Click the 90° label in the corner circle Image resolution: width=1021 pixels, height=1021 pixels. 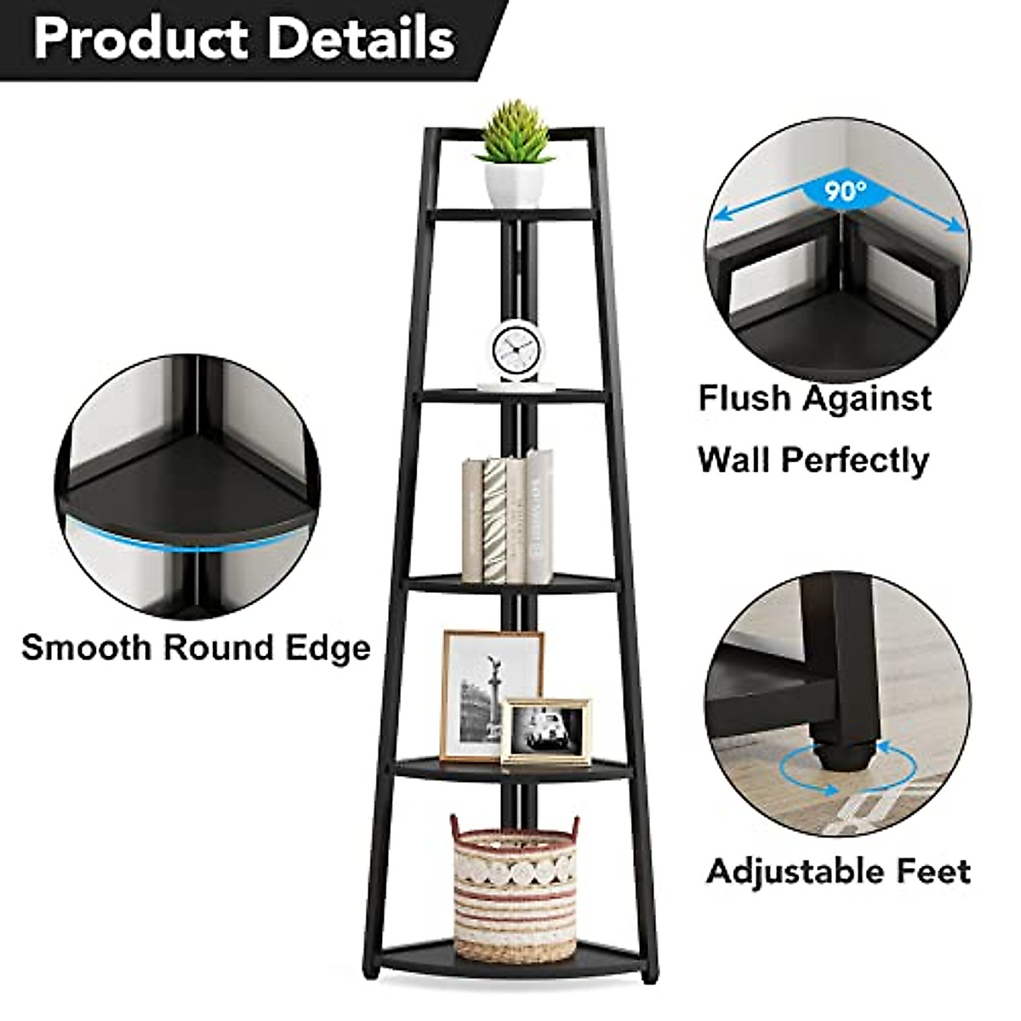(843, 191)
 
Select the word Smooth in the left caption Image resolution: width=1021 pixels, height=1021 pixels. (86, 647)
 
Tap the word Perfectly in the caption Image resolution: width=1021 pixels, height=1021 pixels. (855, 461)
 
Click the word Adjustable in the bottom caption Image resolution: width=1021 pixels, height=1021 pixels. (795, 871)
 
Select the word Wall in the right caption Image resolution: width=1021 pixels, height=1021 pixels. (733, 460)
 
